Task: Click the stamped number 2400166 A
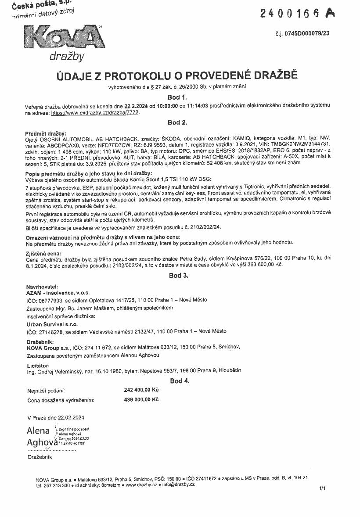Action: point(297,13)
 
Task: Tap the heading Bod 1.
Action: point(177,97)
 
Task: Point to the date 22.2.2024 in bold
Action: point(136,106)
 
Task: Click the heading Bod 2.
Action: point(177,122)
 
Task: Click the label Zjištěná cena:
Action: point(44,253)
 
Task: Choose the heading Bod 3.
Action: point(179,276)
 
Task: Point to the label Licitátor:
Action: point(38,366)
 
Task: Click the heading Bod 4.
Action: point(180,381)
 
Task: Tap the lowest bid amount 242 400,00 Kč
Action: point(141,390)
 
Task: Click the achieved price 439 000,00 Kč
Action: point(141,399)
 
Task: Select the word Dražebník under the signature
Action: point(40,457)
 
